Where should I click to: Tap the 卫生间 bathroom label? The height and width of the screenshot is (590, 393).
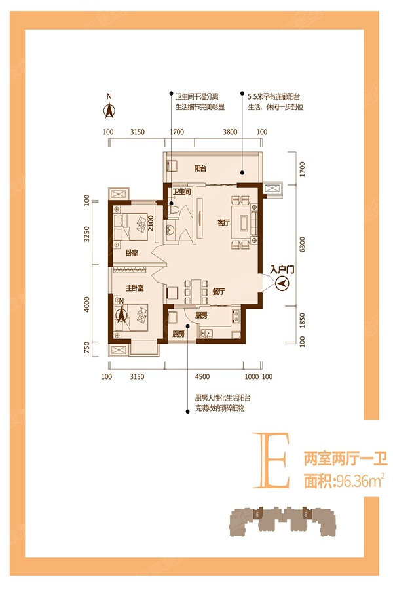click(x=181, y=192)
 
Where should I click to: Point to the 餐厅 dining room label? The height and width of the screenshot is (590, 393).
click(x=219, y=292)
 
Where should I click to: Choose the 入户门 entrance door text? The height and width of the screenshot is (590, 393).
click(x=282, y=269)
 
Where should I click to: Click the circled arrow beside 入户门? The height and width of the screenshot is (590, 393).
click(x=283, y=283)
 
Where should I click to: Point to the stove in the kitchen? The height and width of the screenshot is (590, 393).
click(x=235, y=319)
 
